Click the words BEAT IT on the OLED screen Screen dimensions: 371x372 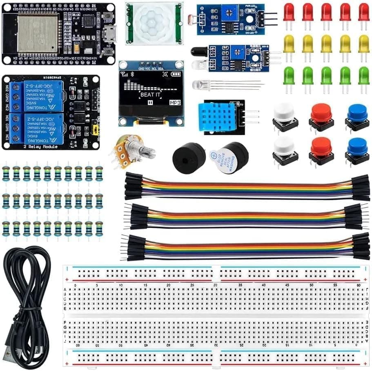click(150, 95)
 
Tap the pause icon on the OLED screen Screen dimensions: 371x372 click(150, 103)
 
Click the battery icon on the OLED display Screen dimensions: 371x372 click(176, 74)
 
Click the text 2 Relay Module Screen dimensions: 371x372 click(30, 146)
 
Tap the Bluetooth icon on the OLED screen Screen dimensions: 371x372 click(132, 74)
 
